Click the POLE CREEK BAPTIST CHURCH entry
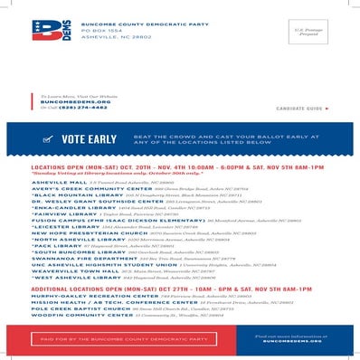coord(71,308)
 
